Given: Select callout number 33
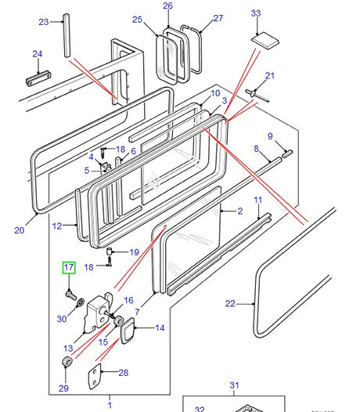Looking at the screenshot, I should tap(255, 13).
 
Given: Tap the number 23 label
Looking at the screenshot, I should tap(43, 21).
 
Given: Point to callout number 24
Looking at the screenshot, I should tap(37, 54).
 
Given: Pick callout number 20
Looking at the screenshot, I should tap(20, 229).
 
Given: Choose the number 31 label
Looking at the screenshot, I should tap(233, 385).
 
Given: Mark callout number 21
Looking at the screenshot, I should tap(270, 76).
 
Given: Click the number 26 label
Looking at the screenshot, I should tap(167, 6).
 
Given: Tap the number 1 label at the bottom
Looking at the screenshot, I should tap(110, 404).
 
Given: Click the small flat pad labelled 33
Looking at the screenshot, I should tap(262, 38).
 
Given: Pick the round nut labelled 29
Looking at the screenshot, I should tap(68, 362).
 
